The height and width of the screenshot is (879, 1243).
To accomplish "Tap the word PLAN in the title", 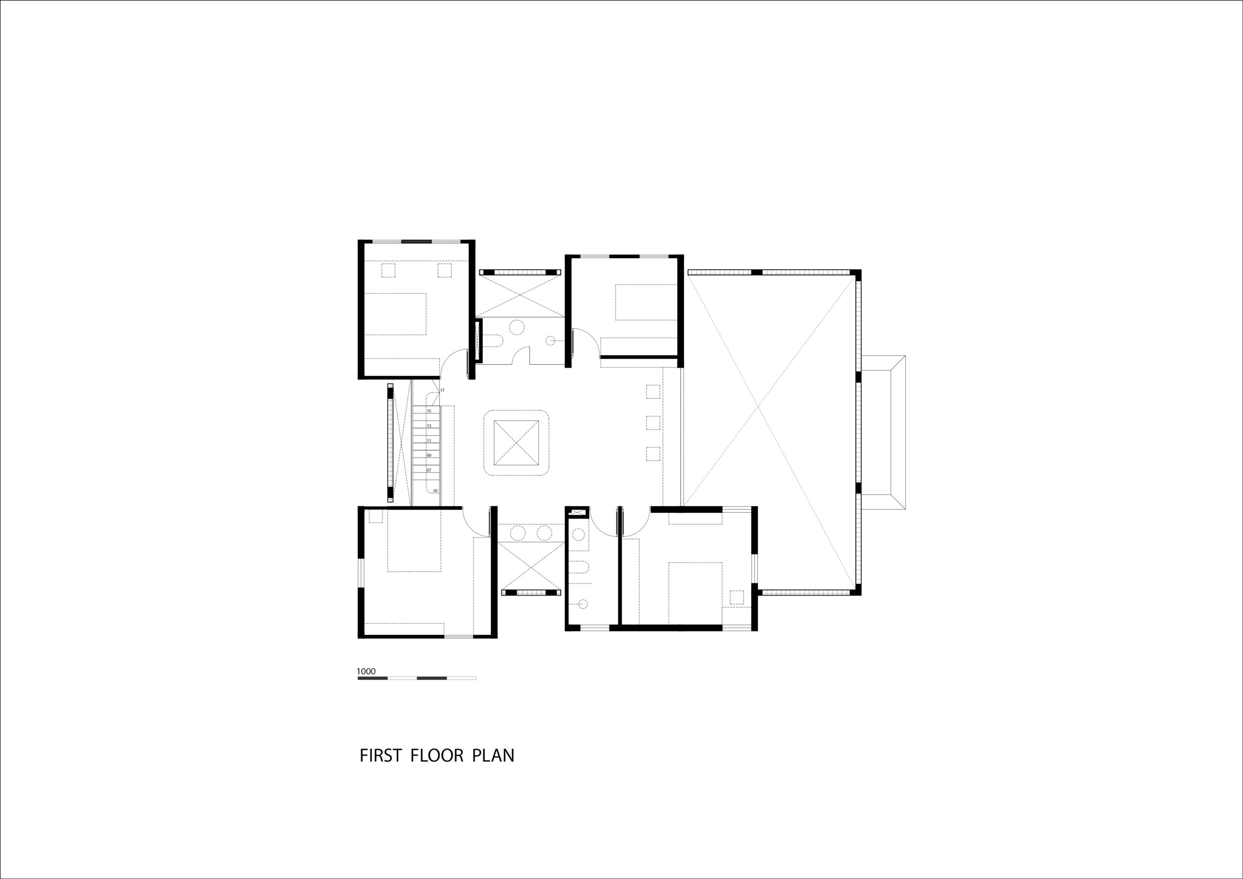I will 493,756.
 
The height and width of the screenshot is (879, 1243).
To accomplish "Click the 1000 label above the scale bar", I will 366,672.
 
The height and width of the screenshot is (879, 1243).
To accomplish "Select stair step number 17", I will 442,390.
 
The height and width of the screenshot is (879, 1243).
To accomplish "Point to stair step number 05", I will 436,490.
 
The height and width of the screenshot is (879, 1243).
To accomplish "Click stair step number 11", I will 429,441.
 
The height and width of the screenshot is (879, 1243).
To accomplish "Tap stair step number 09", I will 429,456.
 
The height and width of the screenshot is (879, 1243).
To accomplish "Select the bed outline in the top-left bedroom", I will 396,314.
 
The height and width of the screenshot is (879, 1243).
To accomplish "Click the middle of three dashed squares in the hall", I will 653,423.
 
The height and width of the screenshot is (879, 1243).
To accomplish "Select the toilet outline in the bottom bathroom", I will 580,568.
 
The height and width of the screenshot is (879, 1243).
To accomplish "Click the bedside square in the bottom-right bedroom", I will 736,597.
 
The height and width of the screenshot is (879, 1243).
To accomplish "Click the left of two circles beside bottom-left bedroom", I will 518,533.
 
